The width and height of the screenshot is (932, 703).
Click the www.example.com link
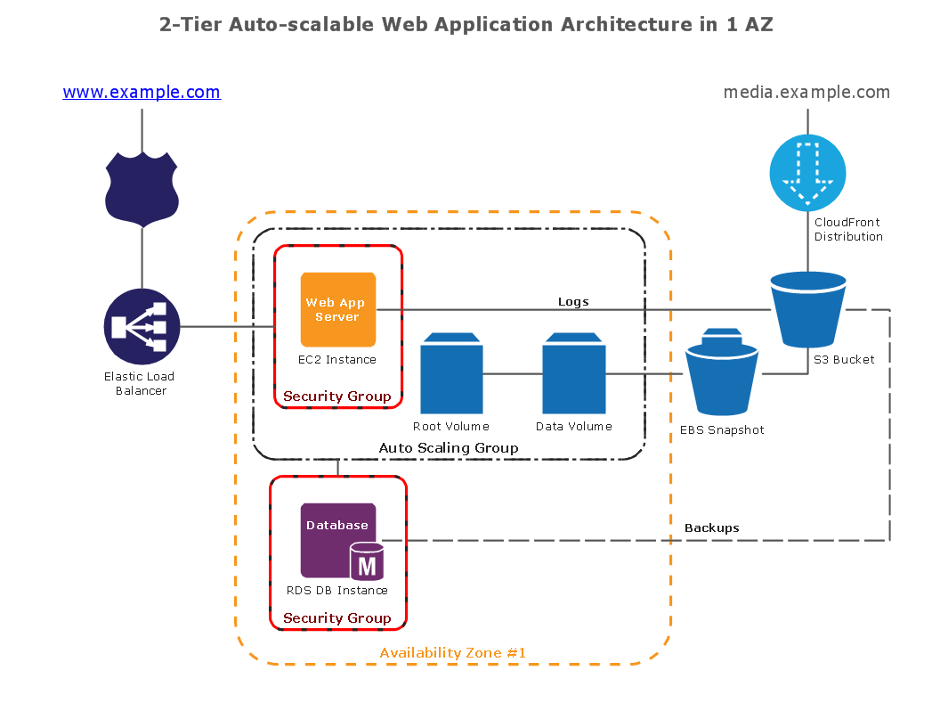click(142, 93)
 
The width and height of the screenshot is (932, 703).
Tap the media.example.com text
click(806, 93)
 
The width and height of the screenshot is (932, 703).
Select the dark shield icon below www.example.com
click(142, 188)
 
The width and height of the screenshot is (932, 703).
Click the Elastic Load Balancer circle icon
click(142, 326)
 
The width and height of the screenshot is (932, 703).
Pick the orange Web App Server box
click(337, 309)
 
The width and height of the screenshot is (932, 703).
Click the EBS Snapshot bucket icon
click(721, 373)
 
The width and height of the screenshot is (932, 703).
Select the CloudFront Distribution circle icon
click(807, 173)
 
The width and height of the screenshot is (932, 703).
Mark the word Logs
click(573, 302)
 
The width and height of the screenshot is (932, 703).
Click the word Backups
click(711, 528)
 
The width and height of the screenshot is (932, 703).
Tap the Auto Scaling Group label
click(449, 448)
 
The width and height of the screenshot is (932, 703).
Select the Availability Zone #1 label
click(453, 653)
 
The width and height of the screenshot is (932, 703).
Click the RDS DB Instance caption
click(337, 590)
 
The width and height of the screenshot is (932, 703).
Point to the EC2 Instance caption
click(337, 360)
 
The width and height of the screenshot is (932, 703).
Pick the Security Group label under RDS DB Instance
click(337, 618)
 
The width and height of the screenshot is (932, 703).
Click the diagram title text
click(466, 25)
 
